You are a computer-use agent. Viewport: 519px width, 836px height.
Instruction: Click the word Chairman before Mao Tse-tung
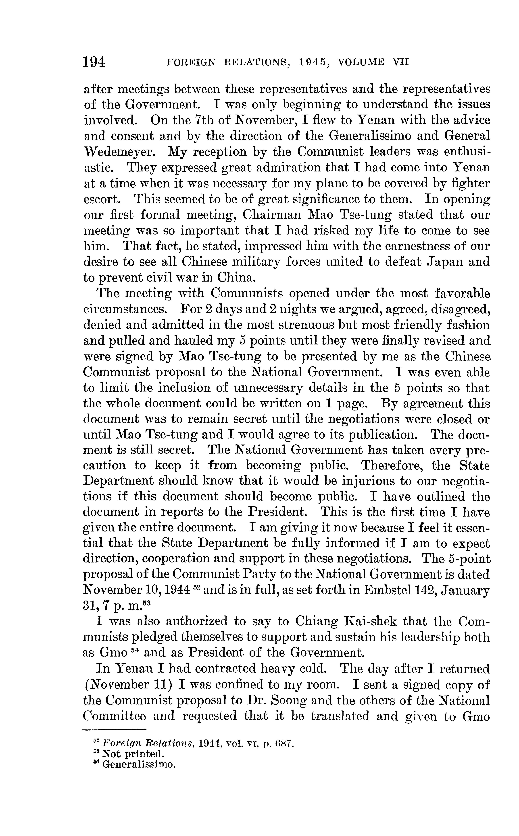(271, 215)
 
